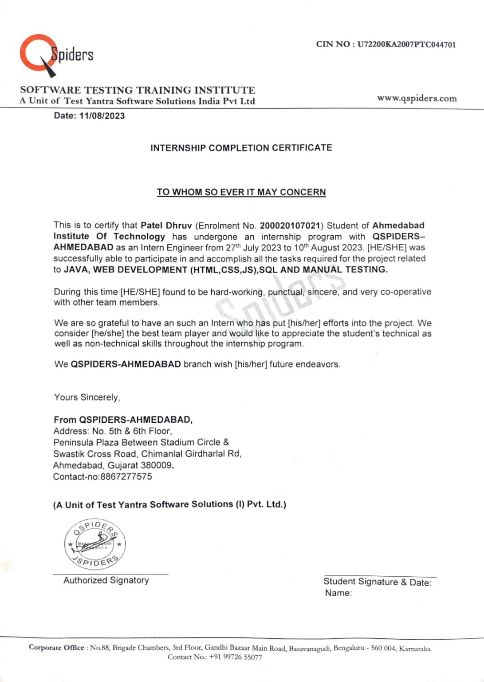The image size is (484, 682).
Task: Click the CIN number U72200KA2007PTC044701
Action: coord(406,44)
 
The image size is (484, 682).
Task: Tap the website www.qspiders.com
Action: coord(417,99)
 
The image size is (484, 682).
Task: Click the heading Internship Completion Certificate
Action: coord(241,148)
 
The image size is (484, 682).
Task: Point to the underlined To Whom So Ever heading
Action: coord(241,192)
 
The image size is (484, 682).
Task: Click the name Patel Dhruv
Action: coord(166,226)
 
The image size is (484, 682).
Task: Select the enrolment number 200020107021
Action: coord(290,226)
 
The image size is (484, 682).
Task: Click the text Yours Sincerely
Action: coord(87,397)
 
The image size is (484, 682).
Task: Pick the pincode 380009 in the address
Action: coord(156,465)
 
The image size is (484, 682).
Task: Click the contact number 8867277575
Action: coord(126,476)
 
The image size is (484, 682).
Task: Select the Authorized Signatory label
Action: coord(106,580)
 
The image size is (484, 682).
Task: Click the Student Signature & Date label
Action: coord(377,582)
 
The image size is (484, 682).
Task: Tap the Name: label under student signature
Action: coord(338,593)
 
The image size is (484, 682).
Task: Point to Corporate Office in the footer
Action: coord(56,647)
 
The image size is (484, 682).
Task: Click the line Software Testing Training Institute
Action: coord(138,90)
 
